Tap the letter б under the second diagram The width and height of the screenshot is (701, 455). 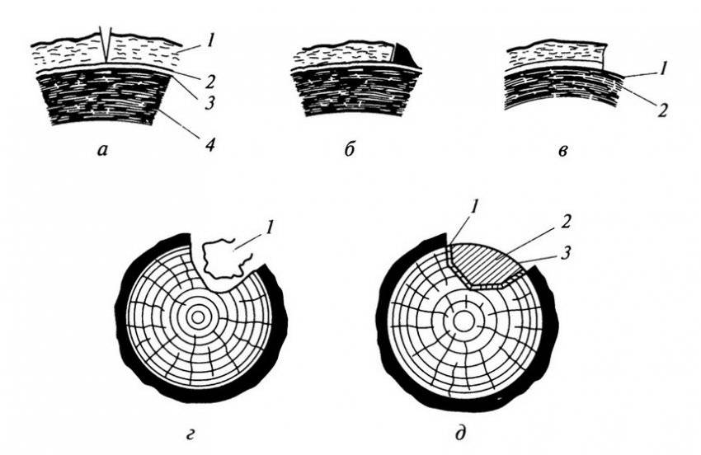(351, 150)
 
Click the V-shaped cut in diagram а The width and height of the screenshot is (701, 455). (105, 45)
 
